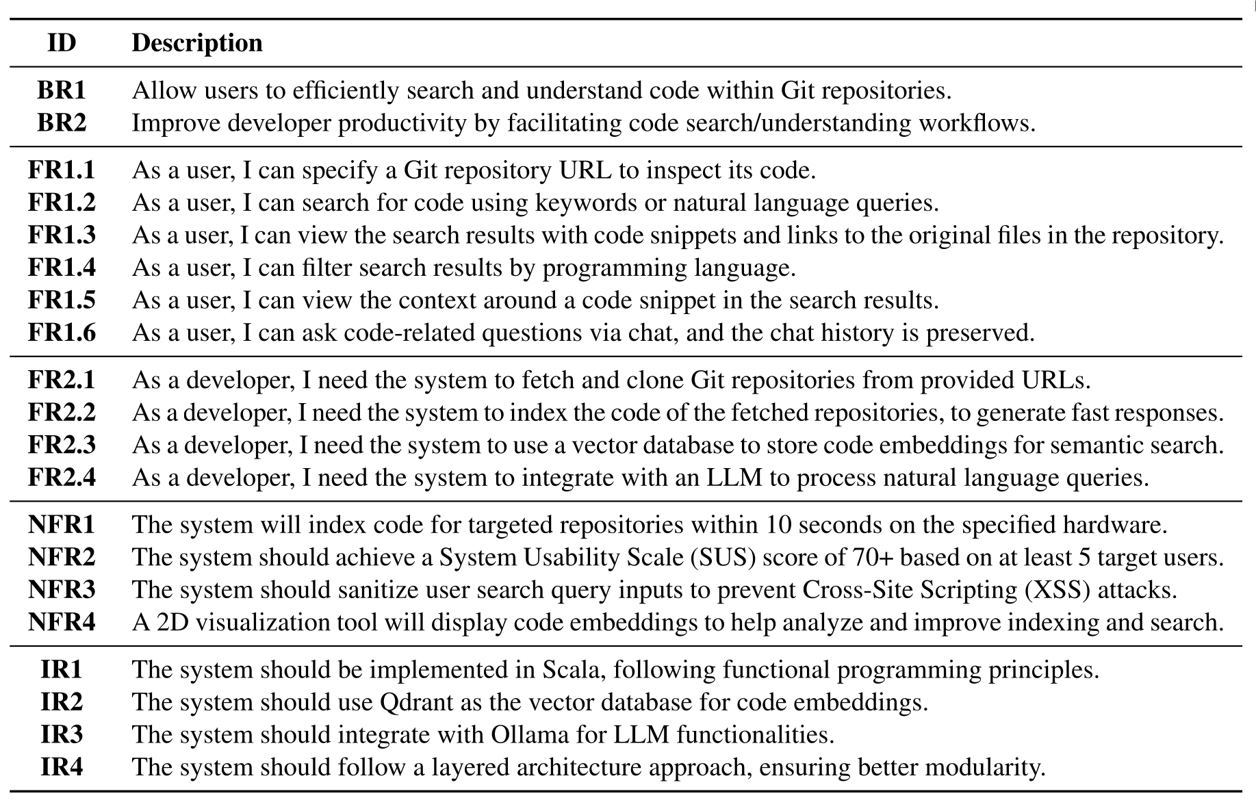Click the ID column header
[62, 42]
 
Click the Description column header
[197, 43]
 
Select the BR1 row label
[62, 90]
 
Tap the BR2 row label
[62, 123]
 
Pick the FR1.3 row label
[62, 235]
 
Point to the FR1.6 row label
[62, 333]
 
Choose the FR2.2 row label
[62, 413]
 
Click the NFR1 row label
[62, 525]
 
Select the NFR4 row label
[62, 622]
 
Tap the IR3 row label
[62, 734]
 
